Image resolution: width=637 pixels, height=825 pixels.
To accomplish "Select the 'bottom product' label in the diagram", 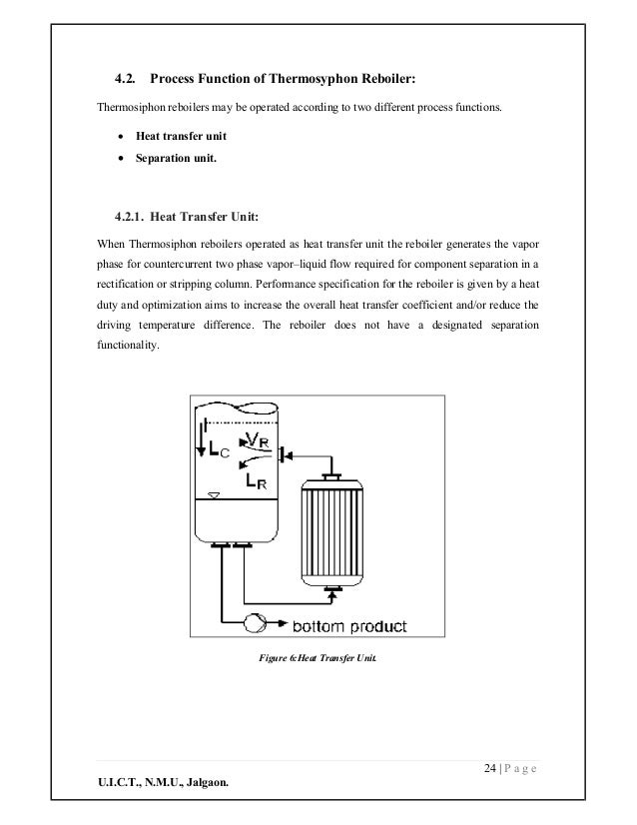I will click(x=347, y=626).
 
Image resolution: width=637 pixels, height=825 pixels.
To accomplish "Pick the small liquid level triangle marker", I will click(x=210, y=495).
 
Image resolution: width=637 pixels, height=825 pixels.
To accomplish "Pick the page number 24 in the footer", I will click(x=488, y=767).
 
